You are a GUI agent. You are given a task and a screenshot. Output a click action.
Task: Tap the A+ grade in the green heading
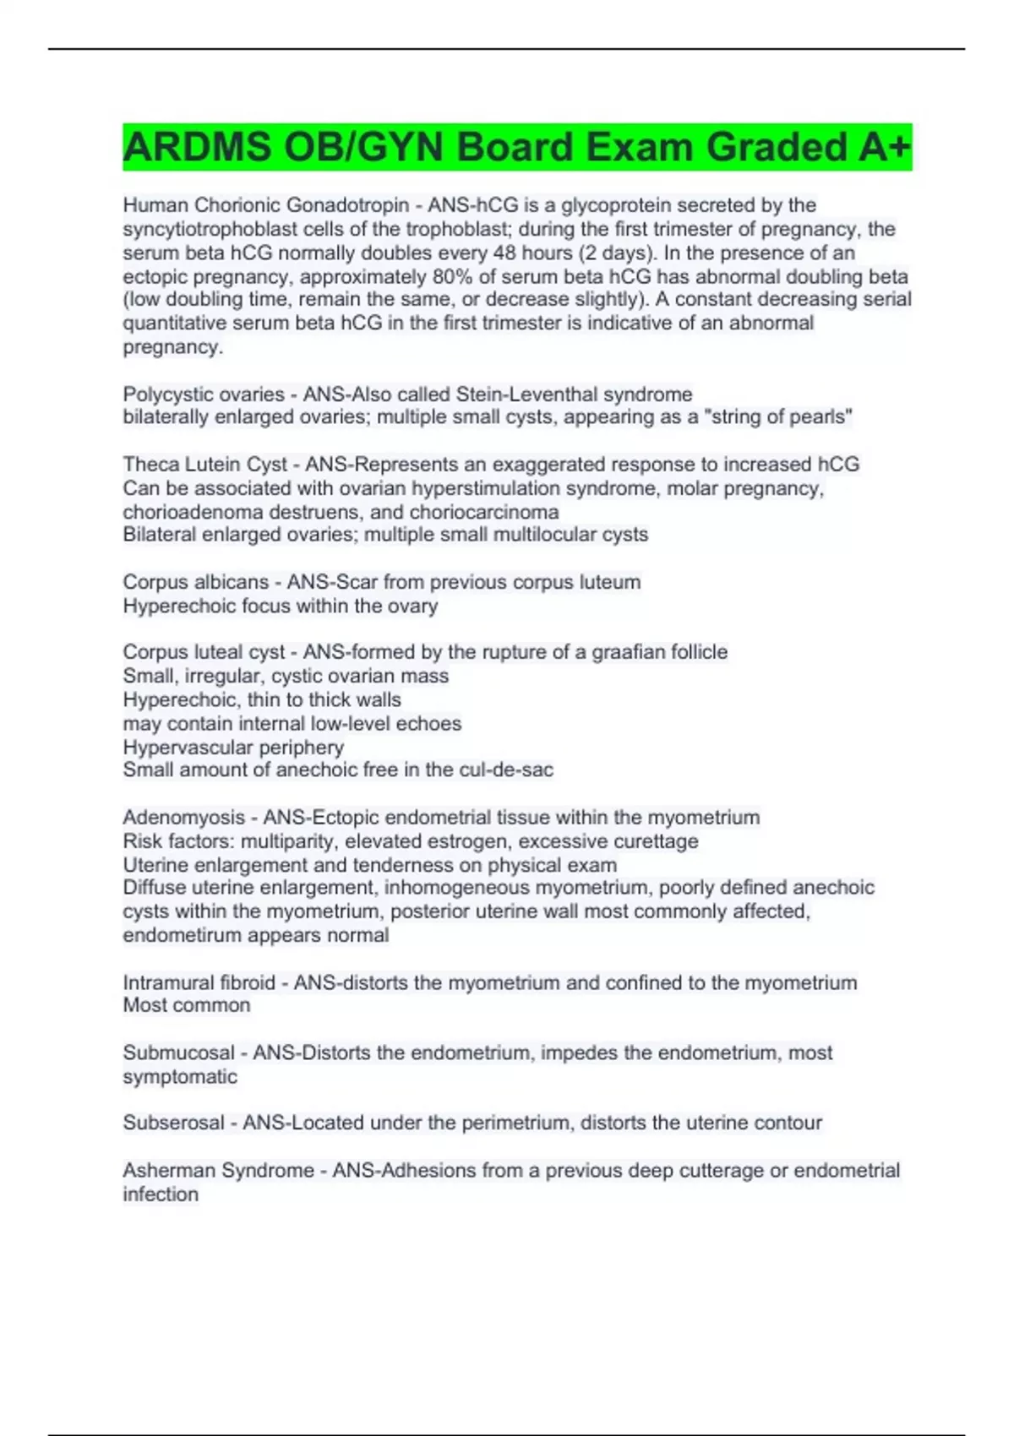[x=885, y=147]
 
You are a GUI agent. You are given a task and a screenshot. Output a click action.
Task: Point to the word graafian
[x=609, y=652]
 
